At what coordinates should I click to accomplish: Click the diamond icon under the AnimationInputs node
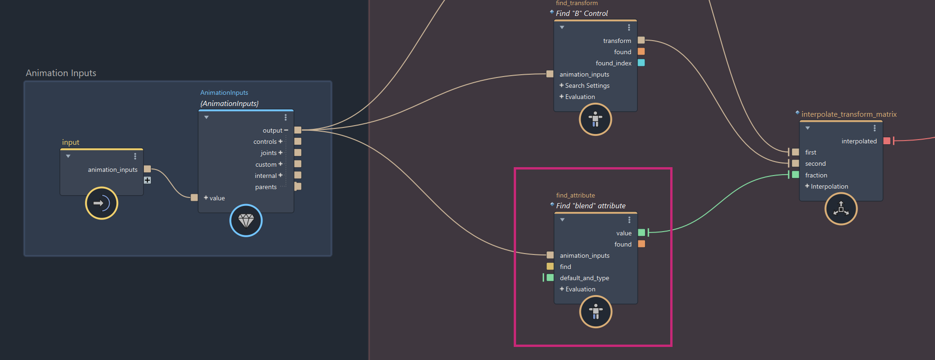click(x=246, y=220)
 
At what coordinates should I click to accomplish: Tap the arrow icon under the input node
click(x=101, y=203)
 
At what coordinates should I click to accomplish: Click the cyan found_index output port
click(x=641, y=63)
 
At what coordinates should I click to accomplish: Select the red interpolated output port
click(x=887, y=141)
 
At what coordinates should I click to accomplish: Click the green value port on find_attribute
click(x=642, y=233)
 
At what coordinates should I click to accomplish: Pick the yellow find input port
click(x=550, y=266)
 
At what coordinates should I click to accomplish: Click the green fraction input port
click(x=795, y=175)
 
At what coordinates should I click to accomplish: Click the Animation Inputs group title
click(x=61, y=73)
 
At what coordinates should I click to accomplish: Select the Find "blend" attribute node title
click(x=591, y=206)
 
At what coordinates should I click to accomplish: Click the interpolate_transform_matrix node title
click(x=849, y=114)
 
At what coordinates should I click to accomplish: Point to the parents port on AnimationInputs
click(x=297, y=187)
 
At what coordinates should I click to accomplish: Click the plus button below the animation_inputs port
click(x=147, y=180)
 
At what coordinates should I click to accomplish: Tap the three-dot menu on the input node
click(x=135, y=156)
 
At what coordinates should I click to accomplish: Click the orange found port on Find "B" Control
click(x=641, y=52)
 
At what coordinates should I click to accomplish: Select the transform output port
click(x=641, y=40)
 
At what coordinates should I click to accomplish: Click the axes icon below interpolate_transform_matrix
click(x=841, y=209)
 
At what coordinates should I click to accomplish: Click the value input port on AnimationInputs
click(x=194, y=198)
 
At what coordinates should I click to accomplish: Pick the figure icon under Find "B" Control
click(x=595, y=119)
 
